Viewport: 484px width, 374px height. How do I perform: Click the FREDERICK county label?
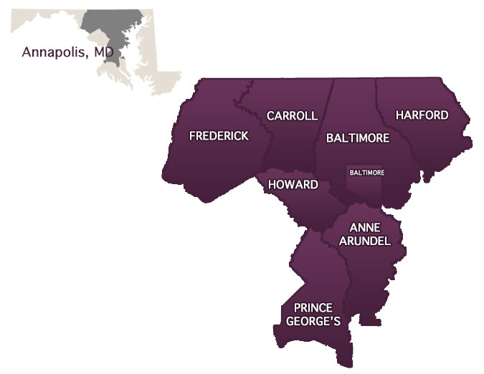click(219, 136)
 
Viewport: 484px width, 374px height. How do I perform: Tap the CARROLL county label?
click(292, 116)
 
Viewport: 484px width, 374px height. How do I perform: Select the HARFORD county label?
click(422, 115)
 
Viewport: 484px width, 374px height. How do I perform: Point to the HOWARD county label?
click(293, 185)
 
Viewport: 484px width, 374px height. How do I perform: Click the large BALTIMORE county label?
click(357, 138)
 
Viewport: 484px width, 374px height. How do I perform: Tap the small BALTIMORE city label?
click(366, 173)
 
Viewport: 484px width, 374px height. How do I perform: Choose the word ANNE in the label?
click(364, 228)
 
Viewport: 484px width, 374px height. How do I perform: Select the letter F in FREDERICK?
click(192, 136)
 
